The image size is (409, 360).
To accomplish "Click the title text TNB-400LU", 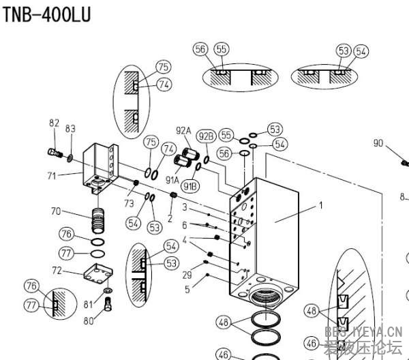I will (x=46, y=14).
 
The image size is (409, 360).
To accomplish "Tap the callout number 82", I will (x=55, y=123).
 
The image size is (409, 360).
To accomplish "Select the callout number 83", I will (x=70, y=128).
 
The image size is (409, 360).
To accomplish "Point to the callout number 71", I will (x=51, y=176).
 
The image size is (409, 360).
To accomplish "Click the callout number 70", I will (x=57, y=211).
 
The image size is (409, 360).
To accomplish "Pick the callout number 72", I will (x=57, y=271).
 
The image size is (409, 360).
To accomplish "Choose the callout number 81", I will (x=87, y=303).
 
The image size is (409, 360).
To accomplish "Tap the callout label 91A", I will (x=170, y=180).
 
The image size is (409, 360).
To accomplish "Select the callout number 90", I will (x=379, y=143).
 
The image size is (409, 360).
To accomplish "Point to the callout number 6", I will (x=184, y=224).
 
